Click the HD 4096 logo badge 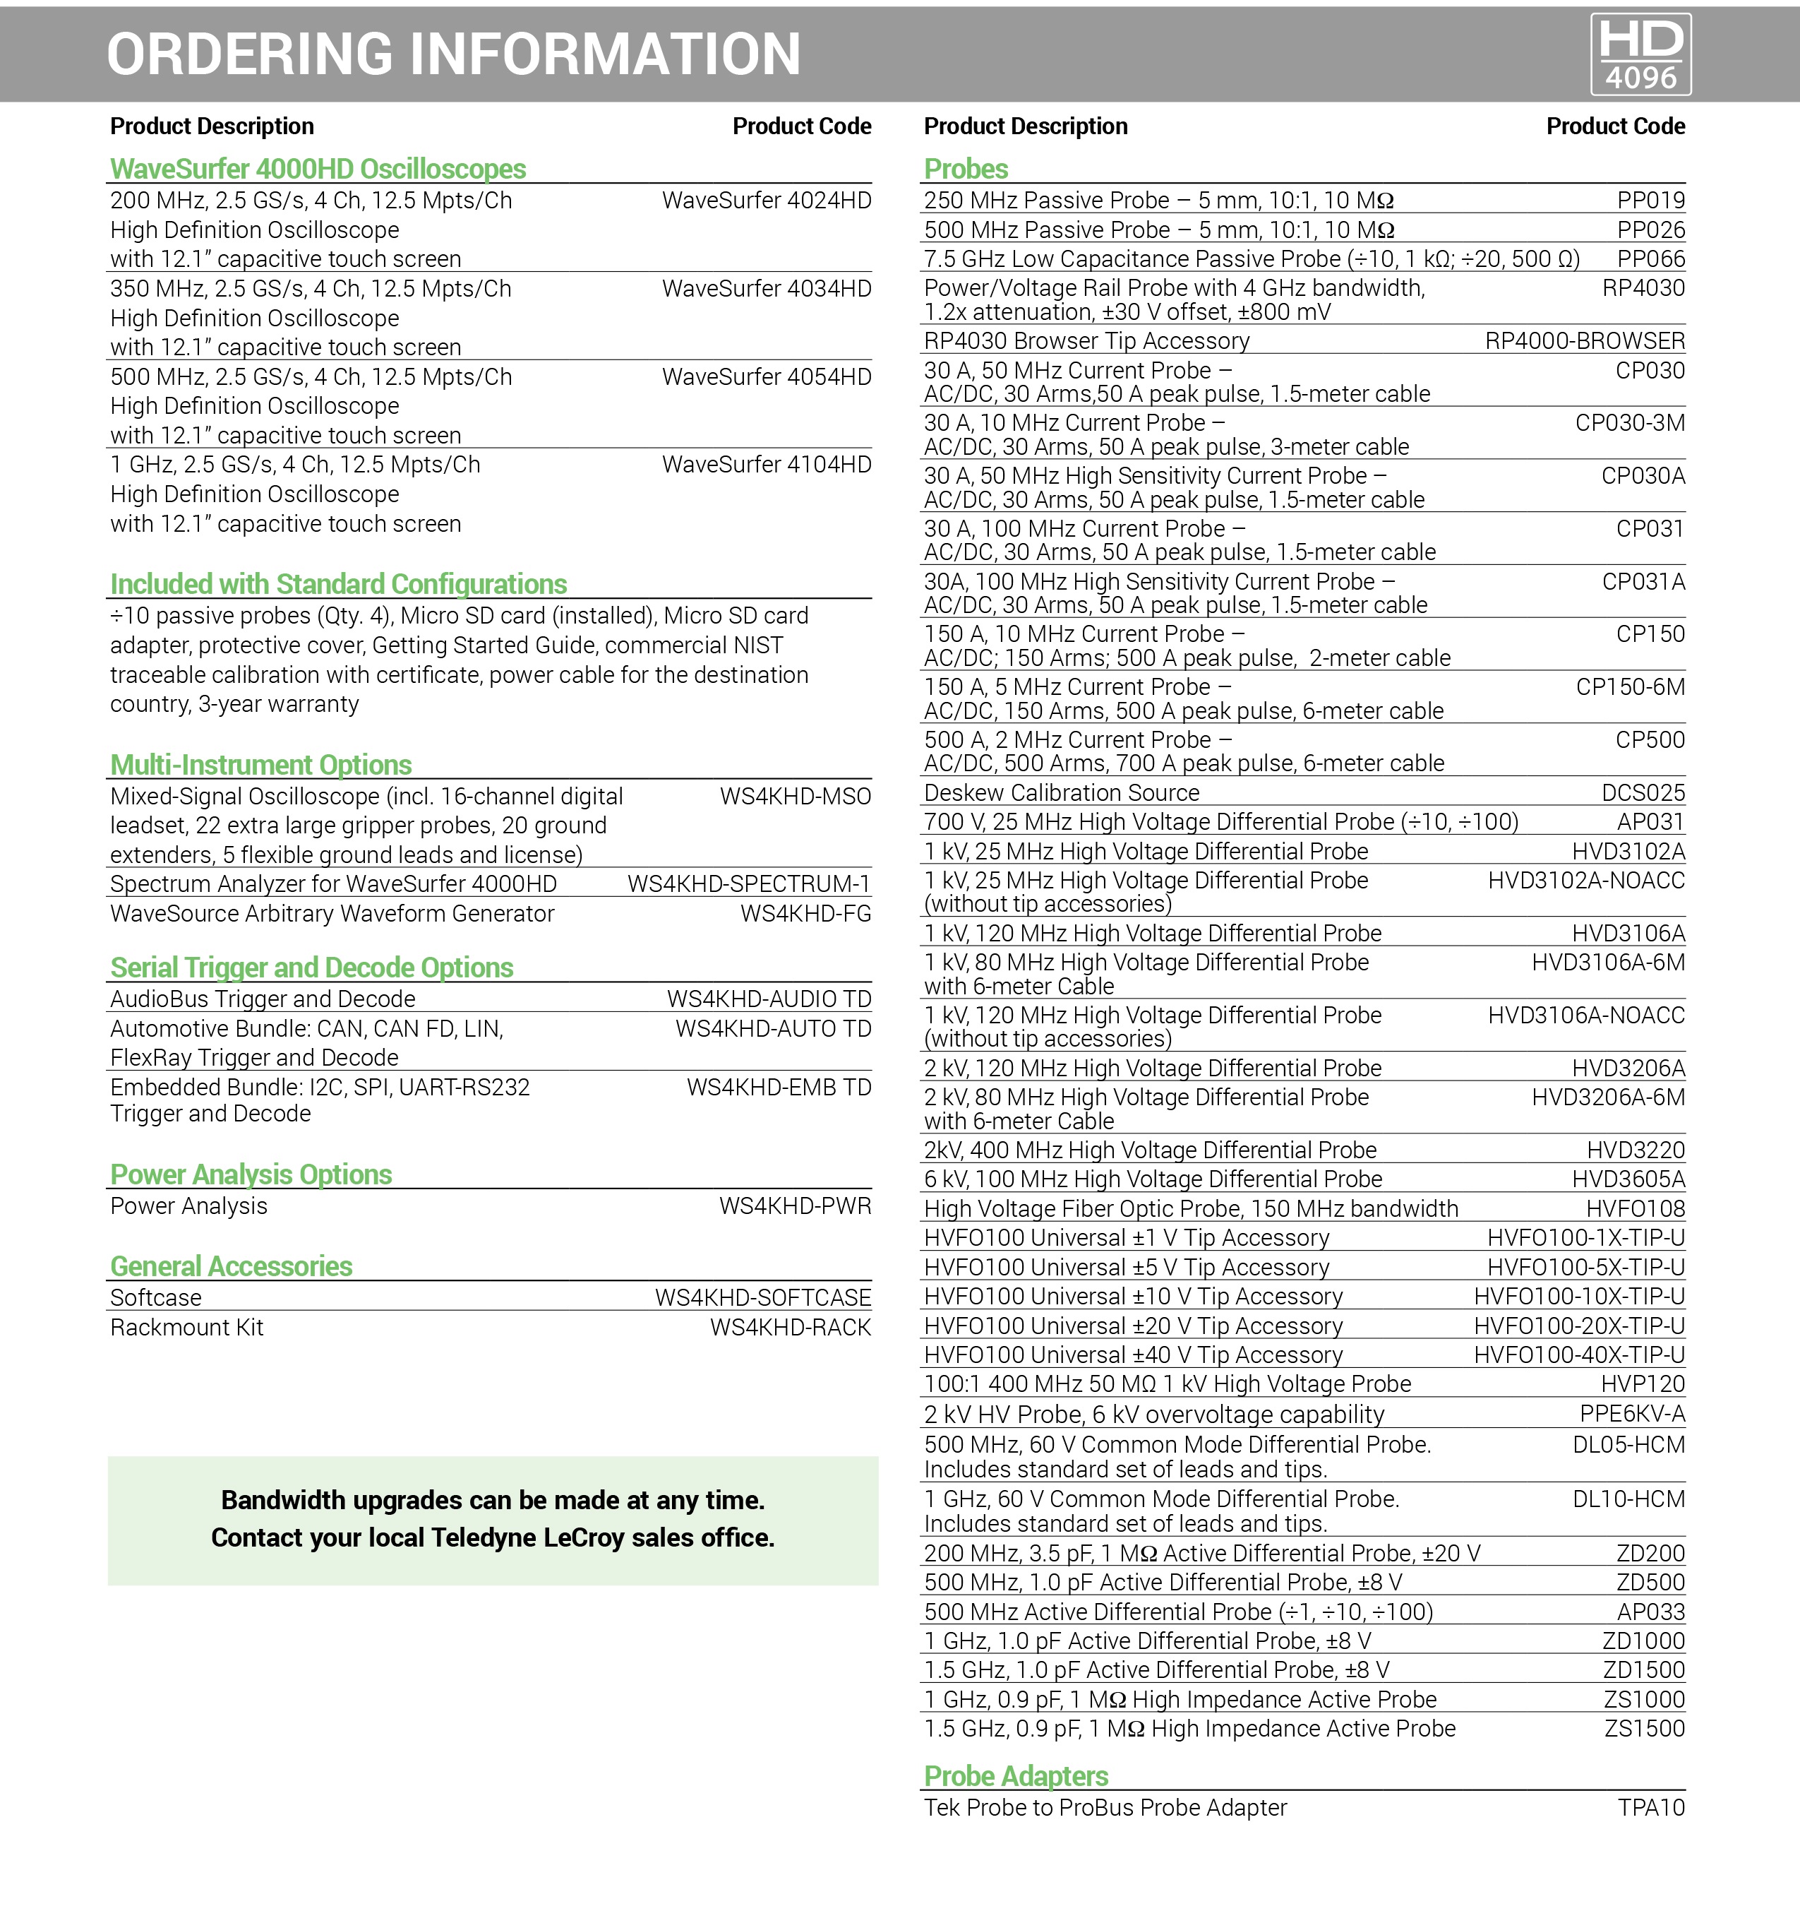[x=1640, y=54]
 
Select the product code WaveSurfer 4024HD [x=766, y=201]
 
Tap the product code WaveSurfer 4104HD [x=766, y=465]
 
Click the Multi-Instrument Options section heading [x=260, y=765]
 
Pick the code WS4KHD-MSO [x=795, y=797]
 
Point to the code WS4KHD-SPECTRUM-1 [x=749, y=884]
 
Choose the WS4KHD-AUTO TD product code [x=773, y=1030]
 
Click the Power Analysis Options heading [x=251, y=1174]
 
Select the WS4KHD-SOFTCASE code [x=763, y=1299]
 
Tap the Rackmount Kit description [x=186, y=1328]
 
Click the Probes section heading [x=966, y=169]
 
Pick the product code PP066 [x=1650, y=260]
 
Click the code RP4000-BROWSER [x=1584, y=341]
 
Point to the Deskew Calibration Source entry [x=1061, y=793]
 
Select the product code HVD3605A [x=1628, y=1179]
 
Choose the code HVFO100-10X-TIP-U [x=1579, y=1297]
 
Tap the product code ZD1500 [x=1643, y=1671]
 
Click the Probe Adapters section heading [x=1016, y=1776]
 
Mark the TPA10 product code [x=1651, y=1808]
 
